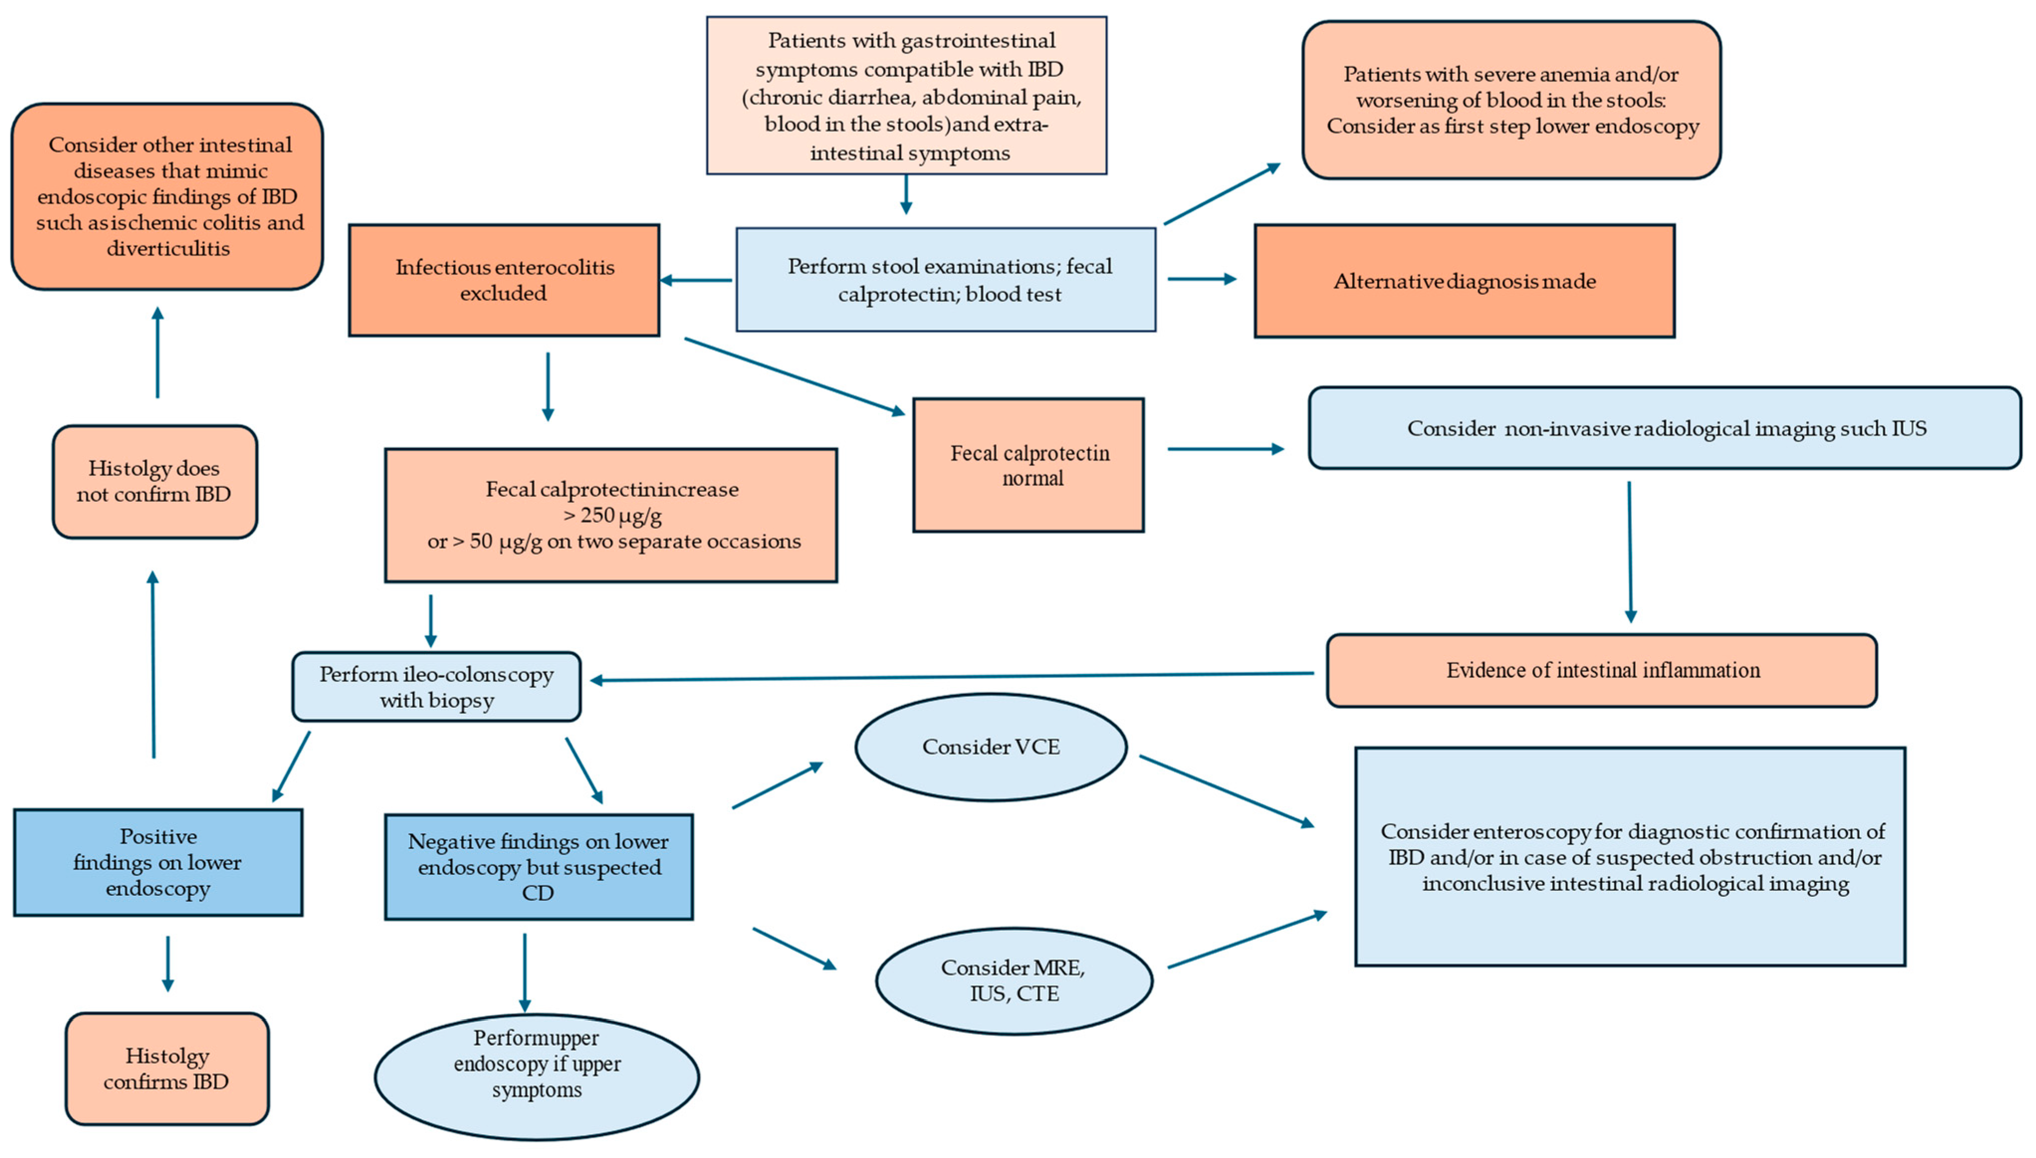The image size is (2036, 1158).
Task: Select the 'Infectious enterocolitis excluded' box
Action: pos(504,280)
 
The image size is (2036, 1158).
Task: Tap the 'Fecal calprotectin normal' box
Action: pos(1028,465)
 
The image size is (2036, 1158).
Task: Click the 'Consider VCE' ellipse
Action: pos(990,747)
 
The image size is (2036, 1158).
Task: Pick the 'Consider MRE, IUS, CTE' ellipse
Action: pos(1014,980)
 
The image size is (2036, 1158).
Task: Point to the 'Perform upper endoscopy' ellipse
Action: pos(536,1075)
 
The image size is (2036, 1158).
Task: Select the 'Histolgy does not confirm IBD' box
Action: pos(154,481)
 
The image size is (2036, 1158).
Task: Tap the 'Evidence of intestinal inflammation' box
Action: pos(1602,671)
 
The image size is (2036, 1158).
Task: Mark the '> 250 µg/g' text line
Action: pos(612,515)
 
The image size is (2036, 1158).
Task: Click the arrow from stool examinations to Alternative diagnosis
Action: pos(1201,279)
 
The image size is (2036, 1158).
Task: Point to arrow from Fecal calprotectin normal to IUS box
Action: pos(1225,449)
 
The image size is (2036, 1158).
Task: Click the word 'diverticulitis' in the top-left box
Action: pos(168,249)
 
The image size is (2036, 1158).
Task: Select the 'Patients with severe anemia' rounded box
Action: pos(1511,100)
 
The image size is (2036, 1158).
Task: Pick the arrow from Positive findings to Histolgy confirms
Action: pos(167,963)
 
